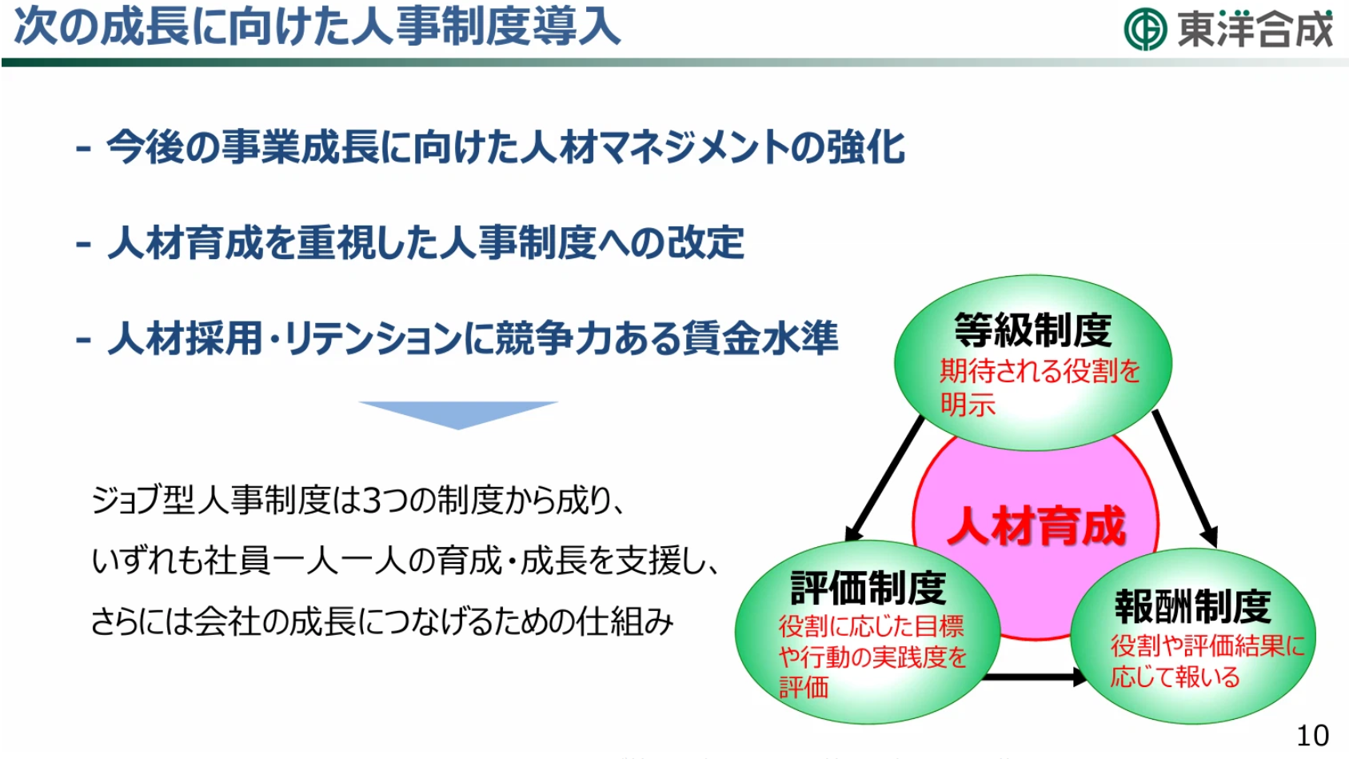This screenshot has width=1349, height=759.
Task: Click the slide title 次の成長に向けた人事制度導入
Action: click(x=317, y=27)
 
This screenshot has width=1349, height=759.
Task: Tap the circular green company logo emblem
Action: click(x=1145, y=29)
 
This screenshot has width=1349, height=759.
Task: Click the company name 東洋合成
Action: click(x=1255, y=29)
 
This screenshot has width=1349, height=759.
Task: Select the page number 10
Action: click(x=1313, y=736)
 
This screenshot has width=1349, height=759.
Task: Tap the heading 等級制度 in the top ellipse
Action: click(x=1033, y=330)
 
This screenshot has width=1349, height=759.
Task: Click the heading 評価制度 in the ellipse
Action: click(x=868, y=588)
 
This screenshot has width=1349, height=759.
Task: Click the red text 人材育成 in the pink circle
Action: click(x=1036, y=526)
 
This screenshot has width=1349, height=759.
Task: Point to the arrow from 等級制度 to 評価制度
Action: click(x=884, y=478)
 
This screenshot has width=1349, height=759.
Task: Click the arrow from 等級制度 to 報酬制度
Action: click(x=1185, y=479)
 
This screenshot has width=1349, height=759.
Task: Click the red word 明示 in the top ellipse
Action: click(x=968, y=405)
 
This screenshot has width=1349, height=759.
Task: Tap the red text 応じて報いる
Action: click(x=1175, y=677)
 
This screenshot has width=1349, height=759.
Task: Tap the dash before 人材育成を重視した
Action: click(x=84, y=246)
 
